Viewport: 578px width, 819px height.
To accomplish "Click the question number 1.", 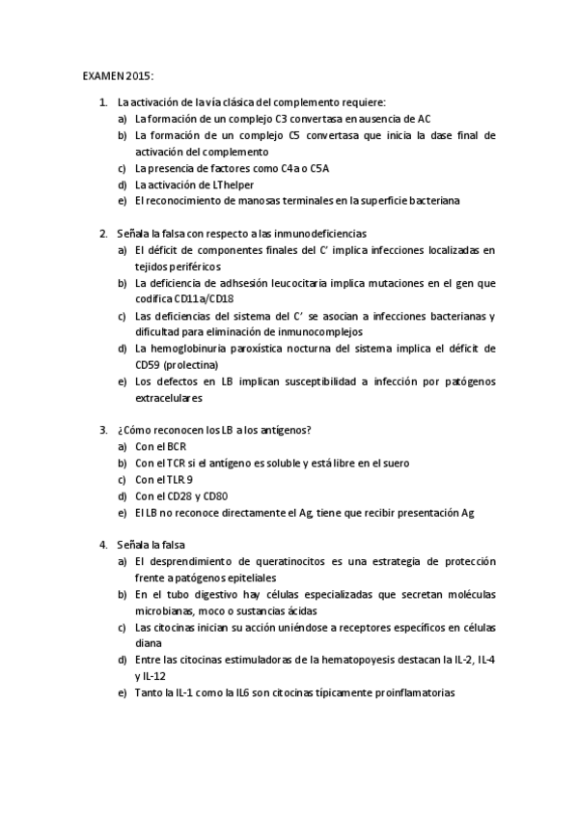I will [103, 101].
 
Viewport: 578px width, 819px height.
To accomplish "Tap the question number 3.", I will [103, 430].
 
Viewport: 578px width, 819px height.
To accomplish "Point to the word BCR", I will [176, 446].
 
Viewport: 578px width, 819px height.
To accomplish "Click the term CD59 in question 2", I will [149, 364].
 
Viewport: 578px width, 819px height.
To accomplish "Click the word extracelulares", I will [169, 397].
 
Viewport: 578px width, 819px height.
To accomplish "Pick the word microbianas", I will [166, 610].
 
